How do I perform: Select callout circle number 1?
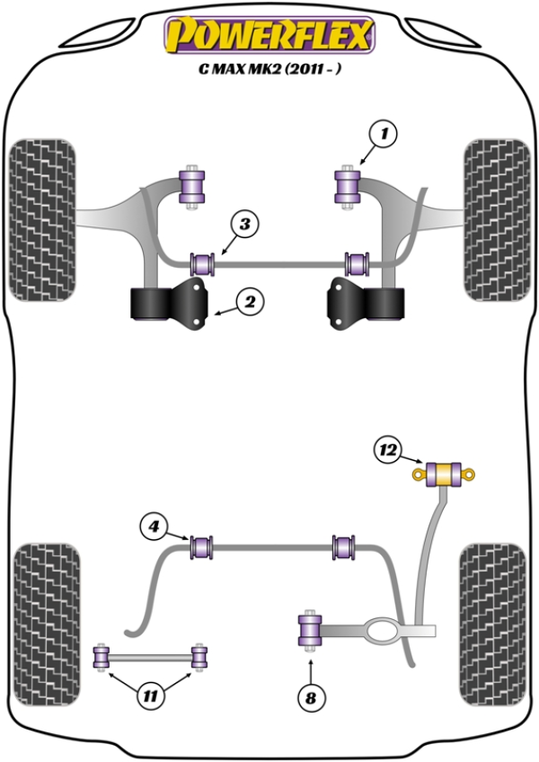(x=384, y=136)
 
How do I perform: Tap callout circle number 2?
(x=251, y=303)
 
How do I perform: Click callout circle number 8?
(x=312, y=697)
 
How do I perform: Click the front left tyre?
(x=42, y=221)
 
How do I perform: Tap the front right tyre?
(x=495, y=221)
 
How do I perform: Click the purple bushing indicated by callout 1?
(x=347, y=185)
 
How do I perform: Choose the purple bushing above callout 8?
(x=310, y=630)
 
